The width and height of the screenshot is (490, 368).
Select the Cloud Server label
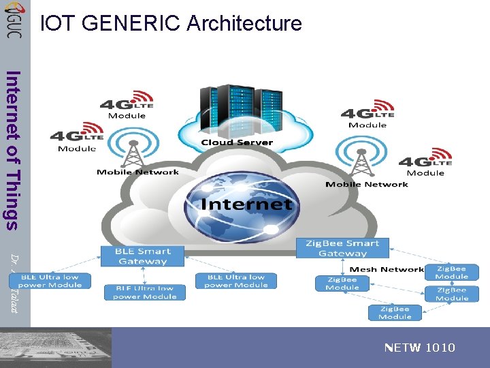pyautogui.click(x=237, y=142)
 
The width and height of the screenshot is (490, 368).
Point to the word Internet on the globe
pyautogui.click(x=246, y=204)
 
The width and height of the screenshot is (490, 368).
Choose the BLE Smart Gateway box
pyautogui.click(x=142, y=256)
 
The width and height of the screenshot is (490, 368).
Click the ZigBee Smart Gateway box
pyautogui.click(x=342, y=248)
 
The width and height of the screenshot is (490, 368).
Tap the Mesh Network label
pyautogui.click(x=387, y=270)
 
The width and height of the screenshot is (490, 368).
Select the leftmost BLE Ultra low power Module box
pyautogui.click(x=49, y=281)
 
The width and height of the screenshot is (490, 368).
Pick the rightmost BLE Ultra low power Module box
pyautogui.click(x=236, y=281)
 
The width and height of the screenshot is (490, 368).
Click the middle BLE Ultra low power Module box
pyautogui.click(x=144, y=292)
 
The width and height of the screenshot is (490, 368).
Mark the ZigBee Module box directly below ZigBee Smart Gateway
pyautogui.click(x=342, y=283)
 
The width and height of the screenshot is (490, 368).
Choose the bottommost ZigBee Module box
pyautogui.click(x=395, y=312)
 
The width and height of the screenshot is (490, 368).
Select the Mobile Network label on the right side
pyautogui.click(x=367, y=184)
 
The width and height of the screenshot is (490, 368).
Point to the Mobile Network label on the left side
pyautogui.click(x=137, y=172)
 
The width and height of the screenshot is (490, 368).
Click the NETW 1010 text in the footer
pyautogui.click(x=420, y=348)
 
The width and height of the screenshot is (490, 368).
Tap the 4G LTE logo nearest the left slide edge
pyautogui.click(x=77, y=136)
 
